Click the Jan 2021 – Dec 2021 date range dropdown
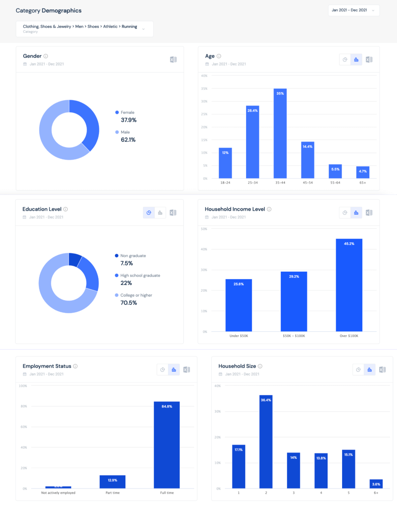(x=353, y=10)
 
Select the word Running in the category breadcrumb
(x=129, y=27)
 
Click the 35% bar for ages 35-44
(x=280, y=133)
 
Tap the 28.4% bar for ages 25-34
(x=252, y=142)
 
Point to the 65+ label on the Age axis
(x=363, y=183)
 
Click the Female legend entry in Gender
(x=127, y=113)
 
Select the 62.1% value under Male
(x=128, y=140)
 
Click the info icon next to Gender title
(x=46, y=56)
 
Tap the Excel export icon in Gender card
(x=173, y=60)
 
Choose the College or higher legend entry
(x=136, y=295)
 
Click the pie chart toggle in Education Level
(x=149, y=213)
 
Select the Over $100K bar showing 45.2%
(x=349, y=285)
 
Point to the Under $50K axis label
(x=239, y=336)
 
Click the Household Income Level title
(x=235, y=209)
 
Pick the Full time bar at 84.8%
(x=166, y=445)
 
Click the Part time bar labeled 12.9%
(x=112, y=482)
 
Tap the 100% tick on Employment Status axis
(x=23, y=386)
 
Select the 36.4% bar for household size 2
(x=266, y=442)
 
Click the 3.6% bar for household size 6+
(x=376, y=484)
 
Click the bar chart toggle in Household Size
(x=370, y=370)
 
